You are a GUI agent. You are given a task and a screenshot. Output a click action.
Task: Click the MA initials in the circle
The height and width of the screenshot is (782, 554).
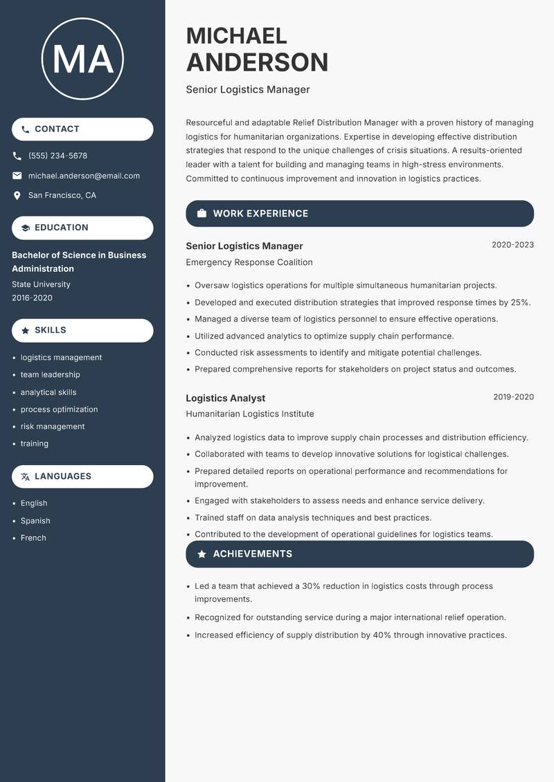point(82,60)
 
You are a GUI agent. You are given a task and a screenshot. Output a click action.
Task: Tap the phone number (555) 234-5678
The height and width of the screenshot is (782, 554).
point(57,156)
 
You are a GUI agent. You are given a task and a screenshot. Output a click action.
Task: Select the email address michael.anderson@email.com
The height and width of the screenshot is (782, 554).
point(84,176)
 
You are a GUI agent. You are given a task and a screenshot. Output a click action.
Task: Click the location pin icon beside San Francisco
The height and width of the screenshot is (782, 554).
point(17,196)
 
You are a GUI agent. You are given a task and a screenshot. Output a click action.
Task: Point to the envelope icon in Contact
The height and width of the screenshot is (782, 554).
point(17,176)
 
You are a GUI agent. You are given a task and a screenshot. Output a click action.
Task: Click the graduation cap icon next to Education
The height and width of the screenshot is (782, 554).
point(26,228)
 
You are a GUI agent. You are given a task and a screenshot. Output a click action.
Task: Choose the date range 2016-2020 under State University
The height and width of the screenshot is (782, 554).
point(32,298)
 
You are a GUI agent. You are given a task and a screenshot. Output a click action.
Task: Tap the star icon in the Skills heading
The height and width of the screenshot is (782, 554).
point(26,331)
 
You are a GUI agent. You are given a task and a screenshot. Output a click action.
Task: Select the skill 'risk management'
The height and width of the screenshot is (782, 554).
point(53,426)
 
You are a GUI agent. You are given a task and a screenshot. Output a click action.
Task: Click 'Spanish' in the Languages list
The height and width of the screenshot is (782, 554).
point(35,520)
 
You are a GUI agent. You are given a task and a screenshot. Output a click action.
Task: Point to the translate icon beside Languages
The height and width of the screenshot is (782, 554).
point(26,477)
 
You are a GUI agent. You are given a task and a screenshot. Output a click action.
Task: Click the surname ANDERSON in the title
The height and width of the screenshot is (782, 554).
point(257,62)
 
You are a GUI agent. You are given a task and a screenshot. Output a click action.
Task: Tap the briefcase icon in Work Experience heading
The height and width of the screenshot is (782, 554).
point(202,214)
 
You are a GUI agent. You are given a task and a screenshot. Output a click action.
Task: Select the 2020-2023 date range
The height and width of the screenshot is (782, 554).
point(512,245)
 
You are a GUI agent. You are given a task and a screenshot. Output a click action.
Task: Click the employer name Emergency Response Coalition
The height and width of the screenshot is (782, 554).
point(249,262)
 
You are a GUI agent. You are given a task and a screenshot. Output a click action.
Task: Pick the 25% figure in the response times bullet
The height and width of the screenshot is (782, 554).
point(519,302)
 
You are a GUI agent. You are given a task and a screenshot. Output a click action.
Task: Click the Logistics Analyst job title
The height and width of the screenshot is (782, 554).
point(226,398)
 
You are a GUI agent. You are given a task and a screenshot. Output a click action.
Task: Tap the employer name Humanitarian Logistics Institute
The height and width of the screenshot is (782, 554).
point(250,414)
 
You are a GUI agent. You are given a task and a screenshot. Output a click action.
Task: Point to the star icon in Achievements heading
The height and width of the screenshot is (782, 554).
point(202,554)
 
